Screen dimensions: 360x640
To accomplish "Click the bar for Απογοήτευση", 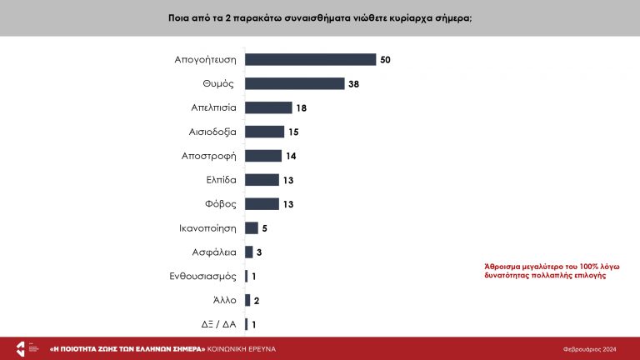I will [x=310, y=59].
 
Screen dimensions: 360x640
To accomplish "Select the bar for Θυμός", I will [x=294, y=83].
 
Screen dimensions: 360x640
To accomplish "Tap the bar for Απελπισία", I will [x=268, y=107].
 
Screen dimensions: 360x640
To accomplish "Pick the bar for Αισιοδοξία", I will [x=264, y=132].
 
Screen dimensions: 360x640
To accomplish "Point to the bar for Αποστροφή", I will [x=263, y=156].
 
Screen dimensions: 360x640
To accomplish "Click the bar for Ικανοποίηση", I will [x=252, y=227].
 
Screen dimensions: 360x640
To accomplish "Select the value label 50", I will [x=385, y=59].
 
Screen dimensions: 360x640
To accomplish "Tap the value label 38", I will [x=353, y=83].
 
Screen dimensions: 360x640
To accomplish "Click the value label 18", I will [x=302, y=107].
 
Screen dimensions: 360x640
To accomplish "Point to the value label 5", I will [x=264, y=227].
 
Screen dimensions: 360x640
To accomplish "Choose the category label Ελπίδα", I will [x=221, y=180].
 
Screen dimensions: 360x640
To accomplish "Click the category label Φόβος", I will [x=220, y=203].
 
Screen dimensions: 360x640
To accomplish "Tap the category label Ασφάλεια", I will [x=215, y=252].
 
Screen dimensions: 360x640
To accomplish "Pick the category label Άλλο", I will [x=224, y=300].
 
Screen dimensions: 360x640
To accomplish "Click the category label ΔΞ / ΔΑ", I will [x=219, y=324].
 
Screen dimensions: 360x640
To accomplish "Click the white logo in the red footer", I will [x=22, y=347].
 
